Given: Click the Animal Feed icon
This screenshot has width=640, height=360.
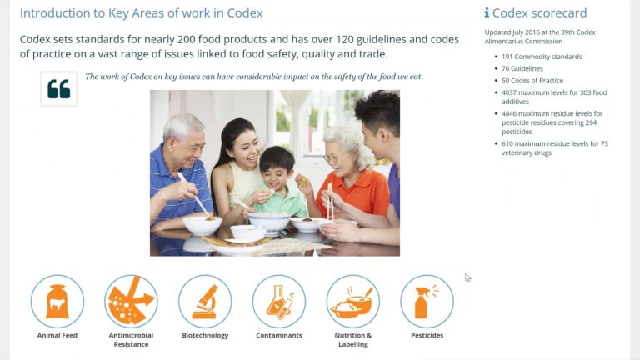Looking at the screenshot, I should [57, 301].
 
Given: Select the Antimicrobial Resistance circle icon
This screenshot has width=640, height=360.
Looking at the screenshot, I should [131, 301].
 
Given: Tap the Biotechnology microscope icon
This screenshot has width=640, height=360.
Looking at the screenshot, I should [205, 301].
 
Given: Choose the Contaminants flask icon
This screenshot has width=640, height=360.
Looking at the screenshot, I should [278, 301].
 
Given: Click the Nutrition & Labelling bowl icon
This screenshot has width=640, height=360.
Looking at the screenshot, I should [352, 301].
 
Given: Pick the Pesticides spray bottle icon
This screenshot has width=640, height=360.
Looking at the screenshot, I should [427, 301].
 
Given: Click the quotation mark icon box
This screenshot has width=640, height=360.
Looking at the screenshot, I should [59, 88].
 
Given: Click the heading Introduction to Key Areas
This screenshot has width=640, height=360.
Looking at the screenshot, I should [141, 13].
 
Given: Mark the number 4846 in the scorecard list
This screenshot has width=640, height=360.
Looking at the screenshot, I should [511, 113].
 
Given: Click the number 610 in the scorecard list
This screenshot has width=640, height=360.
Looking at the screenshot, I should [508, 143].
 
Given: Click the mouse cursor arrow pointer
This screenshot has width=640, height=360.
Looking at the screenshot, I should [467, 277].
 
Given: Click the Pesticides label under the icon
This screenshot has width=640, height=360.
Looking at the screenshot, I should [427, 335].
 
